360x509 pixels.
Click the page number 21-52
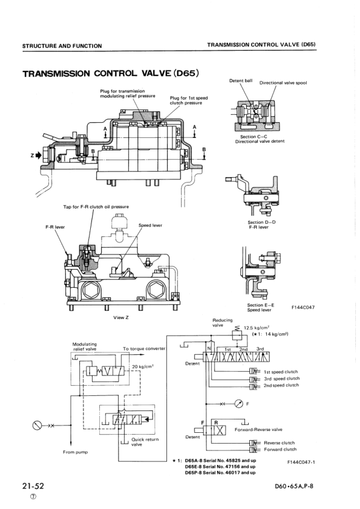(33, 486)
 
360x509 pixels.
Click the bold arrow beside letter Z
(38, 155)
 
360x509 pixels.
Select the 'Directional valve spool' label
(283, 83)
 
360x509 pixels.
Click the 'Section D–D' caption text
(261, 222)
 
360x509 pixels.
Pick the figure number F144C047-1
(301, 462)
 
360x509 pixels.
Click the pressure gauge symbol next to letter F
(239, 404)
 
